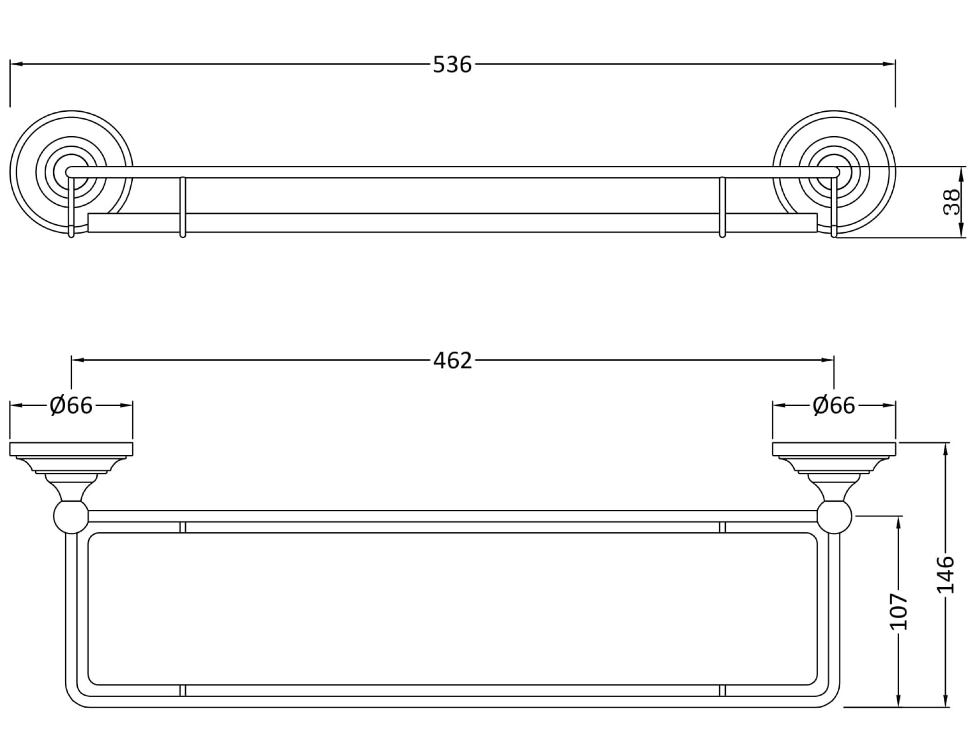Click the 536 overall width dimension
click(452, 65)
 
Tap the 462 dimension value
click(452, 361)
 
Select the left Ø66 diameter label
click(71, 405)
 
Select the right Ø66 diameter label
click(834, 405)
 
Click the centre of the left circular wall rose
click(71, 172)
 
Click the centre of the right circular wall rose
click(834, 172)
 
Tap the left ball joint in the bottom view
click(71, 516)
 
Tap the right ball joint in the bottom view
click(834, 516)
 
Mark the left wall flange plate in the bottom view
click(71, 449)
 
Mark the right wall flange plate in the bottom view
click(834, 449)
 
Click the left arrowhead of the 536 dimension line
click(15, 64)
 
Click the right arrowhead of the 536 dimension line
click(890, 64)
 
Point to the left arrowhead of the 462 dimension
click(77, 360)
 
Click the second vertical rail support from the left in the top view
click(183, 207)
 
